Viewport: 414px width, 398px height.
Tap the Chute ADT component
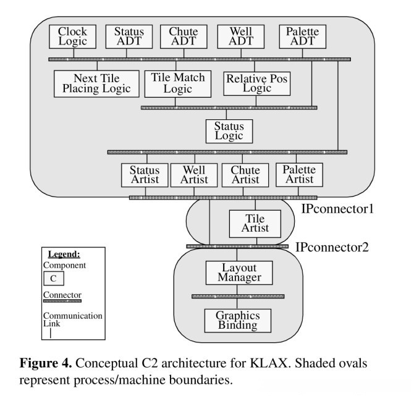point(184,36)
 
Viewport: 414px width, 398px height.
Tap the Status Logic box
point(229,130)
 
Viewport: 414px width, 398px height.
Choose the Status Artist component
point(145,175)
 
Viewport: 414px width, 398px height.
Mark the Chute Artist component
point(245,175)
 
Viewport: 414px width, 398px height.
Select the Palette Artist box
point(299,175)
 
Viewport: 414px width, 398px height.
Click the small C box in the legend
point(54,278)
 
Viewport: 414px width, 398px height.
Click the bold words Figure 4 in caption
point(46,363)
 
